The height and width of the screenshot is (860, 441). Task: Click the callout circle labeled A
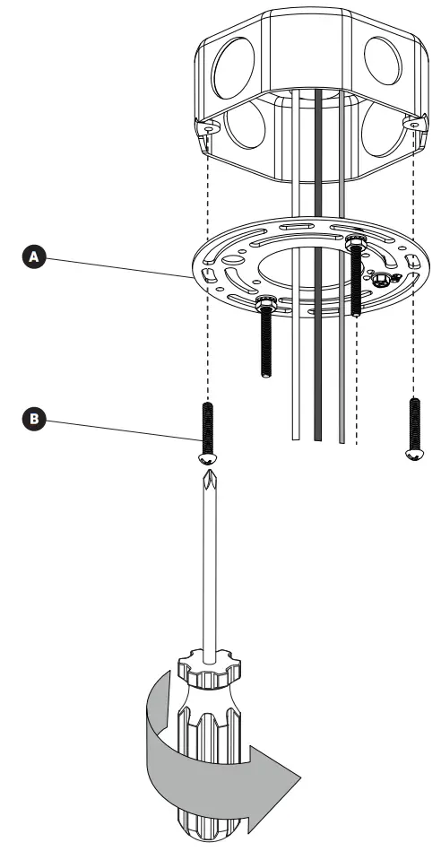35,256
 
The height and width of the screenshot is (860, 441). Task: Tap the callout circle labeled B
35,418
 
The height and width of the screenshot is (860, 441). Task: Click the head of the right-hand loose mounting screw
413,455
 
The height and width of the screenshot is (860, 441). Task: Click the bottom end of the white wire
295,436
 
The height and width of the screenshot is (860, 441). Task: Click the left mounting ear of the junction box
208,128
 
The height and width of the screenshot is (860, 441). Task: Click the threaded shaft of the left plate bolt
266,350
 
